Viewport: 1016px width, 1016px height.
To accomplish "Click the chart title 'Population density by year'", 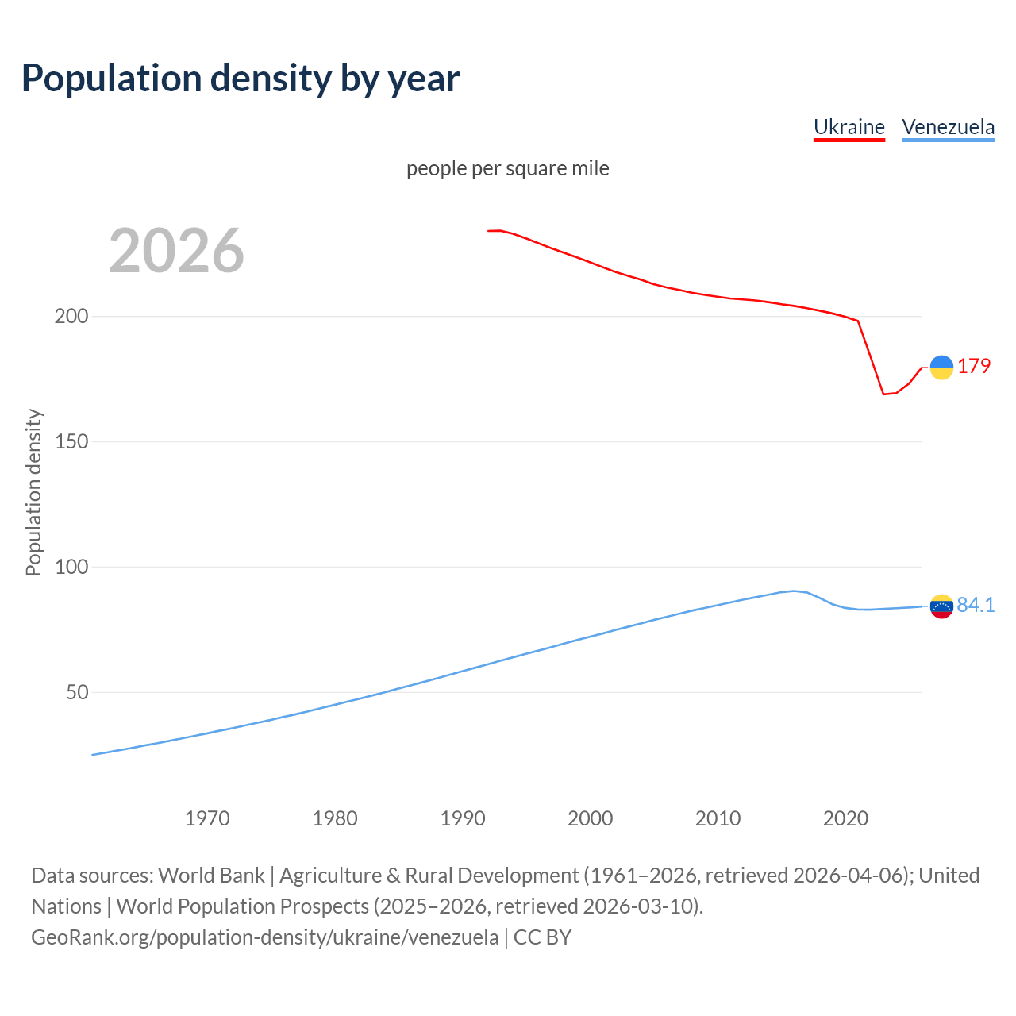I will [241, 78].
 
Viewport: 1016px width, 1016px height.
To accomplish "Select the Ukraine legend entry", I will [849, 127].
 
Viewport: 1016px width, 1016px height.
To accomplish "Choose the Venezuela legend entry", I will [948, 127].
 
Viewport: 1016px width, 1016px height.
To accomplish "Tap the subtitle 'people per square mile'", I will [508, 168].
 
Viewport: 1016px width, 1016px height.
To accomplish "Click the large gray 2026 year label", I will [176, 251].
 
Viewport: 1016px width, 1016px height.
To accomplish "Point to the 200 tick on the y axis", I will [71, 316].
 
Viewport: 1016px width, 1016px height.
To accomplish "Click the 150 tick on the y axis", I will [71, 441].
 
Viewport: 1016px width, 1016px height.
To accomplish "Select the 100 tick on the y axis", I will [71, 567].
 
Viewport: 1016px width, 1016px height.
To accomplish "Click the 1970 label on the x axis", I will [207, 818].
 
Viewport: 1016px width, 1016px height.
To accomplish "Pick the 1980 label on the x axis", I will [335, 818].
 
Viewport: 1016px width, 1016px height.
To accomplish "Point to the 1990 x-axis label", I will [463, 818].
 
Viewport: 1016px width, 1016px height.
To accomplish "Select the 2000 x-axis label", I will [590, 818].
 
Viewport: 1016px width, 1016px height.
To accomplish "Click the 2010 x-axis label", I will [718, 818].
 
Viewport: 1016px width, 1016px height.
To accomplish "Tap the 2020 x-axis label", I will [845, 818].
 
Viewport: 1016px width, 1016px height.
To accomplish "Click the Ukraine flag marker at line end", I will [941, 368].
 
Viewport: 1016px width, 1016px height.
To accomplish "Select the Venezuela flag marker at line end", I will [941, 606].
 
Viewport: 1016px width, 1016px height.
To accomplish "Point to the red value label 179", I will [974, 366].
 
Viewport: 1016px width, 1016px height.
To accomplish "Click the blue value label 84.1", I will [976, 605].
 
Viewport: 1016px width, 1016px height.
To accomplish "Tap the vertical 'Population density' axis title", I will [33, 492].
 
